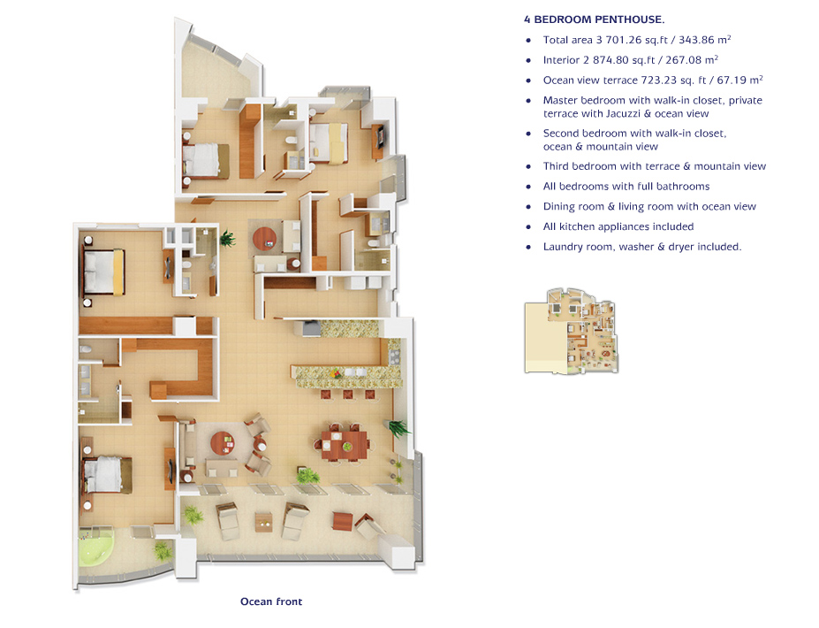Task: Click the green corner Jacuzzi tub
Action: click(95, 548)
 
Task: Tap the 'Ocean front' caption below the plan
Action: click(271, 601)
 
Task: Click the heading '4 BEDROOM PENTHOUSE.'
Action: click(595, 19)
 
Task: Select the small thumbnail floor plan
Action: click(572, 331)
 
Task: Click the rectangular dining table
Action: click(345, 445)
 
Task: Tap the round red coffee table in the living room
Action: click(223, 444)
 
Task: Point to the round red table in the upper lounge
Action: click(265, 240)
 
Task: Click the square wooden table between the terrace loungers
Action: click(264, 522)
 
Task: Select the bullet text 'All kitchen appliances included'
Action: click(618, 226)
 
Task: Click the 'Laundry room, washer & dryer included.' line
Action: click(642, 246)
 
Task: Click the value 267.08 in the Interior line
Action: click(683, 60)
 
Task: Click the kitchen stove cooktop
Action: click(393, 356)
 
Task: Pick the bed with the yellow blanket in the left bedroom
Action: click(104, 272)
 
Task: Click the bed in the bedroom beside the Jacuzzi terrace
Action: click(108, 475)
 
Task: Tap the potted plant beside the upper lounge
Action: click(227, 239)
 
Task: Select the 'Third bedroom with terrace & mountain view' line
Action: click(655, 166)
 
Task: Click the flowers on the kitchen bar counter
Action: click(336, 373)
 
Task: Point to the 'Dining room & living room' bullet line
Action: click(649, 207)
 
